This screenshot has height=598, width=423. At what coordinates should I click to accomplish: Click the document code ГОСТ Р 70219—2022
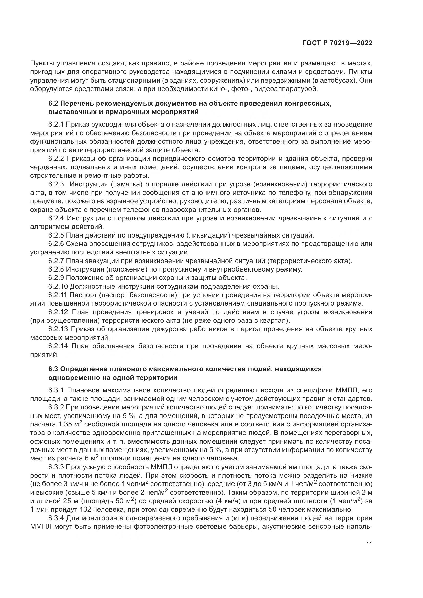click(337, 43)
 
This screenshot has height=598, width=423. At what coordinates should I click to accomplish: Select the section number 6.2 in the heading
click(53, 104)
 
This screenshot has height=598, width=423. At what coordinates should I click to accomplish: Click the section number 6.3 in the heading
click(53, 369)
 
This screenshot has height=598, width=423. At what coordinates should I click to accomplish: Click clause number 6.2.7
click(56, 261)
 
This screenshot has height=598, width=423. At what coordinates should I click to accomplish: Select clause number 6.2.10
click(58, 287)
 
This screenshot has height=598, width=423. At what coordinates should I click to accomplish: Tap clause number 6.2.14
click(58, 346)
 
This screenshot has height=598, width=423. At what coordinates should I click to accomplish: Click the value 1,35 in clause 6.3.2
click(65, 424)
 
